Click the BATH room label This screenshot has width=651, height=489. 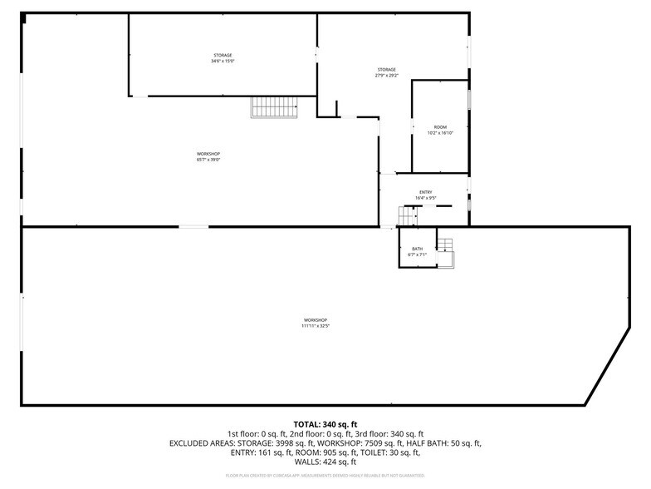417,249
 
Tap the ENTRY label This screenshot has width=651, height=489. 426,192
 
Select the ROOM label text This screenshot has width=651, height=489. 440,127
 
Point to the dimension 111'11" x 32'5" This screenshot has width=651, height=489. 316,326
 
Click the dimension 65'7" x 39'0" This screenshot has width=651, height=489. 208,160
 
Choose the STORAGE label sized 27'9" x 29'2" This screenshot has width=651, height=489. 386,70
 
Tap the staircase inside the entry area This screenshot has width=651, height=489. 406,215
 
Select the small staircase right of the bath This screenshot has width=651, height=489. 447,244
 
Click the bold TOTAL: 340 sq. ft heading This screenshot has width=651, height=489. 325,424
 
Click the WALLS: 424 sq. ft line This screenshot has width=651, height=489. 325,463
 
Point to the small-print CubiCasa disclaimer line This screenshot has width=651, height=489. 325,476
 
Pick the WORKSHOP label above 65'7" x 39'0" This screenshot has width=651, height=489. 208,154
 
